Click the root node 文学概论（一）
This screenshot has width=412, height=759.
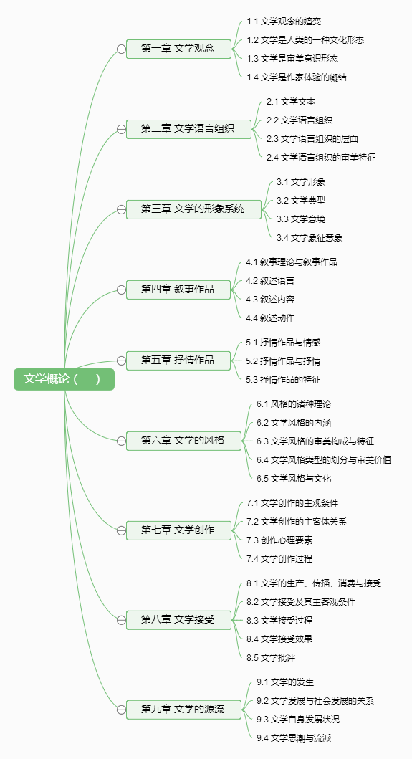point(64,379)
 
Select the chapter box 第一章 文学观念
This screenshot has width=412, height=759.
point(178,49)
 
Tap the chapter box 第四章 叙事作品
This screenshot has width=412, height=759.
point(178,290)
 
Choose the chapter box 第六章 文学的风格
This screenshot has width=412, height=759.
point(183,441)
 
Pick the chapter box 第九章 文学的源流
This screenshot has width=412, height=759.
point(183,710)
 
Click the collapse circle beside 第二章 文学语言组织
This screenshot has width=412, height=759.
point(121,129)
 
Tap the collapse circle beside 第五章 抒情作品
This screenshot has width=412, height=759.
point(121,361)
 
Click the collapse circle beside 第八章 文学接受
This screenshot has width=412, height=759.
point(121,620)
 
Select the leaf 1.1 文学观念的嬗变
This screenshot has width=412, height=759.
point(284,22)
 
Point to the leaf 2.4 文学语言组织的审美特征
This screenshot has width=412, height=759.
point(321,157)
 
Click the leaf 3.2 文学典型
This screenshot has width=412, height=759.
point(301,201)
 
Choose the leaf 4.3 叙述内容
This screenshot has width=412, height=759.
point(270,299)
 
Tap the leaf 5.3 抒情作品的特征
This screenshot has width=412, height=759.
point(283,380)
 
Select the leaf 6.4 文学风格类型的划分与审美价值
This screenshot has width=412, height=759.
point(324,460)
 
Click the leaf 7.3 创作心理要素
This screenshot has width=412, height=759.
point(276,540)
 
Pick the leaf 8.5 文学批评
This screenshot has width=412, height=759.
point(271,657)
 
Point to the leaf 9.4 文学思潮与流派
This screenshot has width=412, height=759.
point(294,737)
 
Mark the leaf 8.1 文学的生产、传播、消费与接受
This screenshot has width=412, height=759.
point(314,583)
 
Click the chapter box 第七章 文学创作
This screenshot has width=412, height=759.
point(178,530)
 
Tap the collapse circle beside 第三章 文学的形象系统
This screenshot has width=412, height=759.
point(121,209)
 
